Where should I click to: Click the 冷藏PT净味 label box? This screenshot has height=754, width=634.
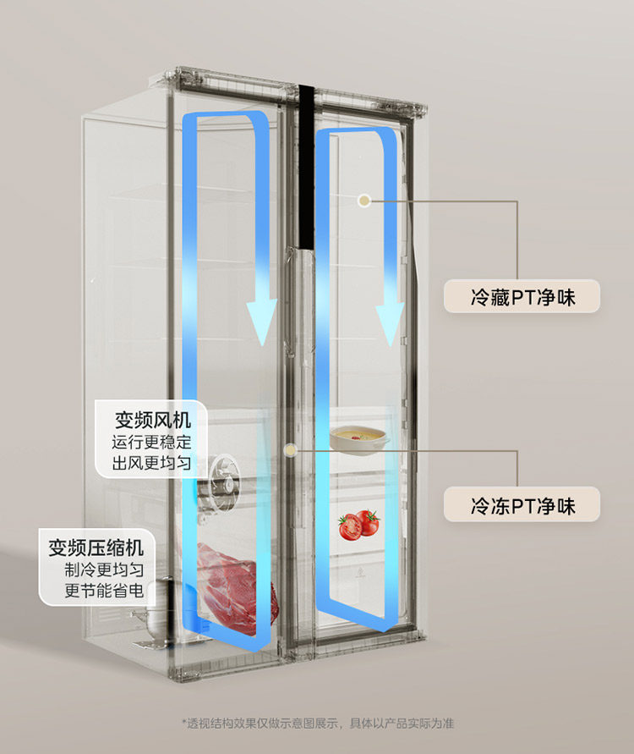click(522, 297)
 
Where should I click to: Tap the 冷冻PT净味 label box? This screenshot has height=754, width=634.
click(522, 505)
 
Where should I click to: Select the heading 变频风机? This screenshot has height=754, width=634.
click(154, 420)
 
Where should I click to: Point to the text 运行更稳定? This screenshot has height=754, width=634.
click(152, 442)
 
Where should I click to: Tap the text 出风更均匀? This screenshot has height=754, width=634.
click(152, 463)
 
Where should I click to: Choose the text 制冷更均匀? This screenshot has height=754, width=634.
click(104, 570)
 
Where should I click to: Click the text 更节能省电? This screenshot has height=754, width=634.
click(104, 591)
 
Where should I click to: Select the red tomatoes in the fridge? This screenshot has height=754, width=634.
click(358, 524)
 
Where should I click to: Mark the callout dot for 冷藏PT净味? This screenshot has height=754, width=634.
click(363, 201)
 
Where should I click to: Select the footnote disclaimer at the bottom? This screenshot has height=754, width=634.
click(318, 724)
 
